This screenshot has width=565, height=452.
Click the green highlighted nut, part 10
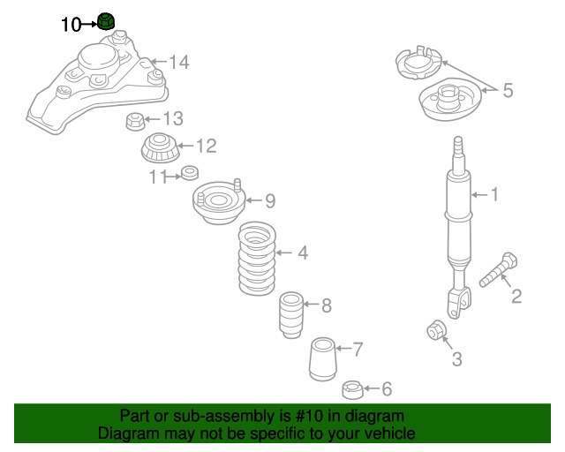pyautogui.click(x=108, y=20)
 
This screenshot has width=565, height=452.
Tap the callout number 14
pyautogui.click(x=179, y=63)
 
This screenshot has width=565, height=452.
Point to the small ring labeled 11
pyautogui.click(x=189, y=172)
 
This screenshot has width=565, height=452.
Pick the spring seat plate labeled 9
pyautogui.click(x=213, y=202)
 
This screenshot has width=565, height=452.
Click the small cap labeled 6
pyautogui.click(x=351, y=389)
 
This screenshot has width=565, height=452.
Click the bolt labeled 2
pyautogui.click(x=499, y=270)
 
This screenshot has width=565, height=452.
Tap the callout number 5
pyautogui.click(x=507, y=89)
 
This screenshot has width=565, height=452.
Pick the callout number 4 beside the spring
pyautogui.click(x=302, y=254)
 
